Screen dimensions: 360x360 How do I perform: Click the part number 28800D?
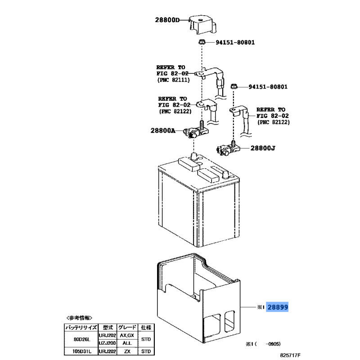[167, 20]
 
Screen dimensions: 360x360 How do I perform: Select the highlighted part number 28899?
[277, 307]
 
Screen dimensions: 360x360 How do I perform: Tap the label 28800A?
[163, 130]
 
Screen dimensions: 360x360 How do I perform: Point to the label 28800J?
[263, 148]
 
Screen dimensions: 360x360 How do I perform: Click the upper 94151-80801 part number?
[235, 42]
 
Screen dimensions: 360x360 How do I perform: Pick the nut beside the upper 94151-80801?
[202, 42]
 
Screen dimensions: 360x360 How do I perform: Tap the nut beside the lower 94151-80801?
[234, 86]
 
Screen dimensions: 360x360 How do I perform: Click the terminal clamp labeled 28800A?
[196, 131]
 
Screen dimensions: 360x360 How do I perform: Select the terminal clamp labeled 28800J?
[228, 148]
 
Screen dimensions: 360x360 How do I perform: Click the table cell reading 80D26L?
[81, 339]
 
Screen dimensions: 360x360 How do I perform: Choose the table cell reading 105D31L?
[81, 351]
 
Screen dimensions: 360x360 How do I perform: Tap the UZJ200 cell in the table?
[107, 343]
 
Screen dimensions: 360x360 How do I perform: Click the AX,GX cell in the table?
[127, 335]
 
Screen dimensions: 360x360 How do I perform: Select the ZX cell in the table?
[127, 351]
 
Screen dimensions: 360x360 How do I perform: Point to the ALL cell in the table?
[127, 343]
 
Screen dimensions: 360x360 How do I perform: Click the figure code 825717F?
[290, 355]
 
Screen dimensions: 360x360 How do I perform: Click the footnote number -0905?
[273, 344]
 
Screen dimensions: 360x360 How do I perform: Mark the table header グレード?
[127, 328]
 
